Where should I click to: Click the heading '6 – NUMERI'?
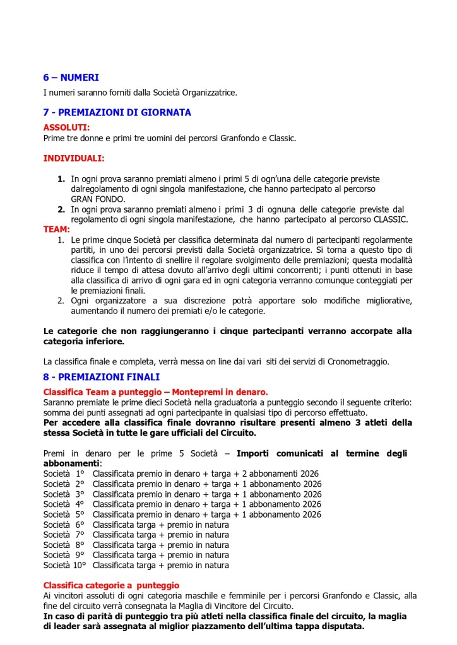point(71,78)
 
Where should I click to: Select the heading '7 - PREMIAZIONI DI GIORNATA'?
point(117,112)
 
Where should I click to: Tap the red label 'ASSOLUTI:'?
point(66,127)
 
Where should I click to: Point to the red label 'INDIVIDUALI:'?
point(74,158)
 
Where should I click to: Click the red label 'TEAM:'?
point(56,230)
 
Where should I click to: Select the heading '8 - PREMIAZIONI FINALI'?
point(101,377)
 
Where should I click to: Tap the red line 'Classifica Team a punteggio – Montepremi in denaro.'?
point(155,392)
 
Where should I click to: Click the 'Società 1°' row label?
point(64,474)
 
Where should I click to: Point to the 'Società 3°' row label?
point(64,494)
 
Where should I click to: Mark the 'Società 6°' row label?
point(64,525)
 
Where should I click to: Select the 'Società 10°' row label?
point(65,565)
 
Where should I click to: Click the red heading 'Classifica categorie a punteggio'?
point(111,585)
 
